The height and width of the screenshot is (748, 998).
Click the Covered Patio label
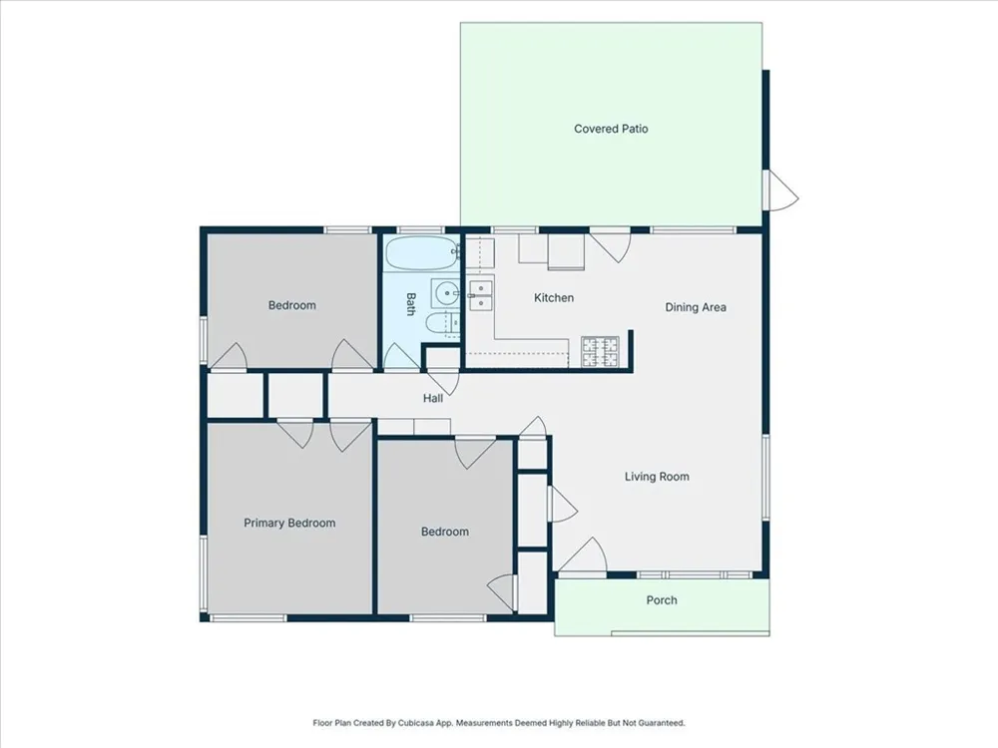pos(611,129)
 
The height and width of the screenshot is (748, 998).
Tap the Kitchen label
pos(554,297)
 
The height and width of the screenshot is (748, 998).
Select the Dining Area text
pos(696,307)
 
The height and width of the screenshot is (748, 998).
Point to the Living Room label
pos(657,477)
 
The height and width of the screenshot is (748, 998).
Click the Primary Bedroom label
pos(289,523)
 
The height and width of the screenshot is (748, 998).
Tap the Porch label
pos(662,599)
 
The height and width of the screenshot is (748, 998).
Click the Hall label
pos(433,398)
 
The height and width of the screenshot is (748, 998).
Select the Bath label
pos(410,304)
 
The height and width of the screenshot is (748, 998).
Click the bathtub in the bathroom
pos(422,253)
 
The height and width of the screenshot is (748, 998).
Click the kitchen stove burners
pos(600,352)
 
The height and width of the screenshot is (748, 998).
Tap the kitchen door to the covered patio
pos(610,245)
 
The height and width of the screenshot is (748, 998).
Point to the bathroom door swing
pos(401,356)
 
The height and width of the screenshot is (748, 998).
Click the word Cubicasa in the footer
pos(415,722)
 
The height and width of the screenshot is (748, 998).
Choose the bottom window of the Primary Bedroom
pos(249,617)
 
